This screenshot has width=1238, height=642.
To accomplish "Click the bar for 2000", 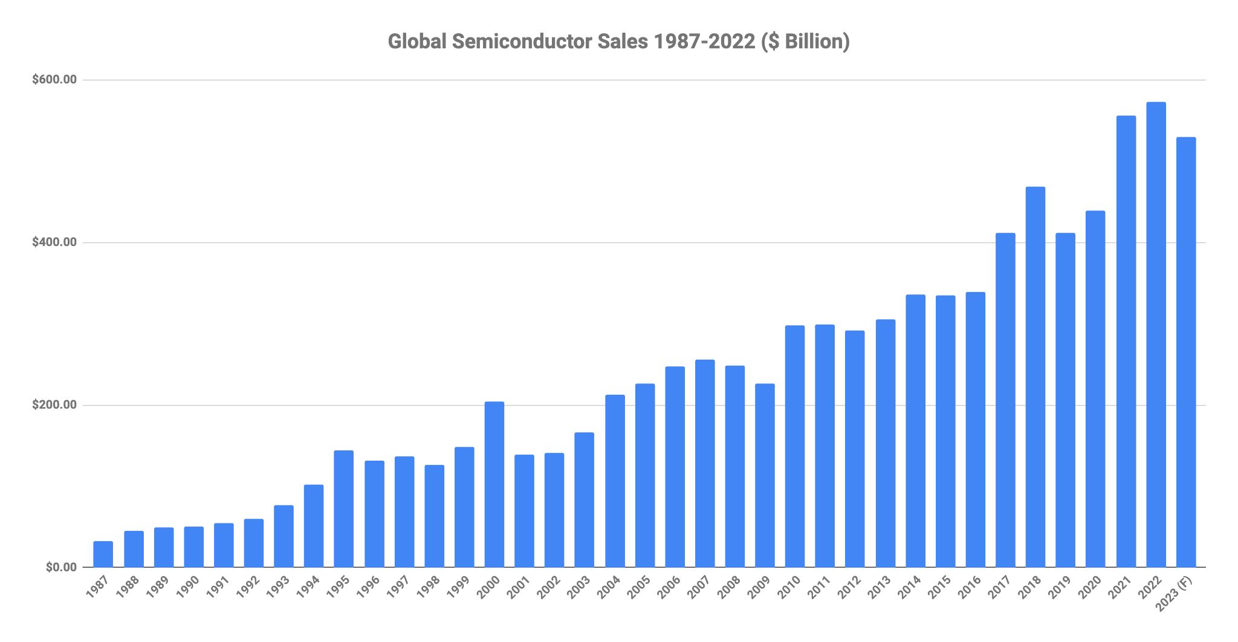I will click(494, 484).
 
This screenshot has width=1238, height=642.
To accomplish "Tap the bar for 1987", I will click(103, 554).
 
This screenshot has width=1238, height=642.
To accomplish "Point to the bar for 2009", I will click(765, 475).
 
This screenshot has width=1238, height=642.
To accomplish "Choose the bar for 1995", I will click(343, 508).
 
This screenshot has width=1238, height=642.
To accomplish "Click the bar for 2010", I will click(795, 446).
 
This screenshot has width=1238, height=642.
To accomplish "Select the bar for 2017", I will click(1005, 400).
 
